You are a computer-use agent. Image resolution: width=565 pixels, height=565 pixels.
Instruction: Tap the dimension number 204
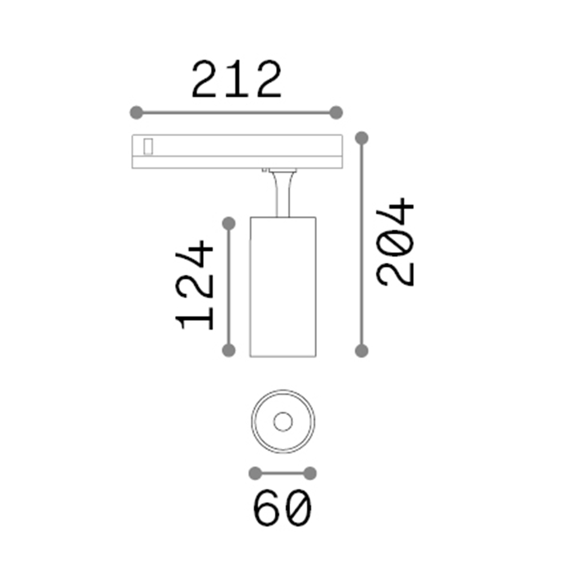click(397, 242)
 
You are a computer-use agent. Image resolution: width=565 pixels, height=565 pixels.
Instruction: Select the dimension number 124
click(195, 285)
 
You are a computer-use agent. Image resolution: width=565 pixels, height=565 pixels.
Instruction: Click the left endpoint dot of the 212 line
click(136, 112)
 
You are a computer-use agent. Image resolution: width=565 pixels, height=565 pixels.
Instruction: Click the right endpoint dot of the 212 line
click(337, 112)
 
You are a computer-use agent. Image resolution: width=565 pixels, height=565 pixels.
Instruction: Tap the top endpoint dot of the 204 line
click(362, 137)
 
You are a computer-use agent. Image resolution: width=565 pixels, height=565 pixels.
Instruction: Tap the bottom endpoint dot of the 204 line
click(362, 351)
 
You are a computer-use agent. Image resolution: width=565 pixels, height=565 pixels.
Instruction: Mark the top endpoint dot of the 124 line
click(228, 224)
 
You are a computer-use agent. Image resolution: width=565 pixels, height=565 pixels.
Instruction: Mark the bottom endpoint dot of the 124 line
click(228, 350)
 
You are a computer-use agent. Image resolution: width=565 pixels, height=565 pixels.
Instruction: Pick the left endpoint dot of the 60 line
click(256, 473)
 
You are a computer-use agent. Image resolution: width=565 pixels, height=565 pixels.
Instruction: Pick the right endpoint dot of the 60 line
click(310, 473)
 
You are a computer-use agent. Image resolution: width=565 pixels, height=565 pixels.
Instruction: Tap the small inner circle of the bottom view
click(282, 421)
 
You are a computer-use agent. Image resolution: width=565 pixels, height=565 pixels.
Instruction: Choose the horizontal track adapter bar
click(237, 151)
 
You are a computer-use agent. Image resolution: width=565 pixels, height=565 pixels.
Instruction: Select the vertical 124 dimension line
click(228, 287)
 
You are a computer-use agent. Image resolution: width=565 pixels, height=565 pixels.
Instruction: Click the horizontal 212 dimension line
click(236, 112)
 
